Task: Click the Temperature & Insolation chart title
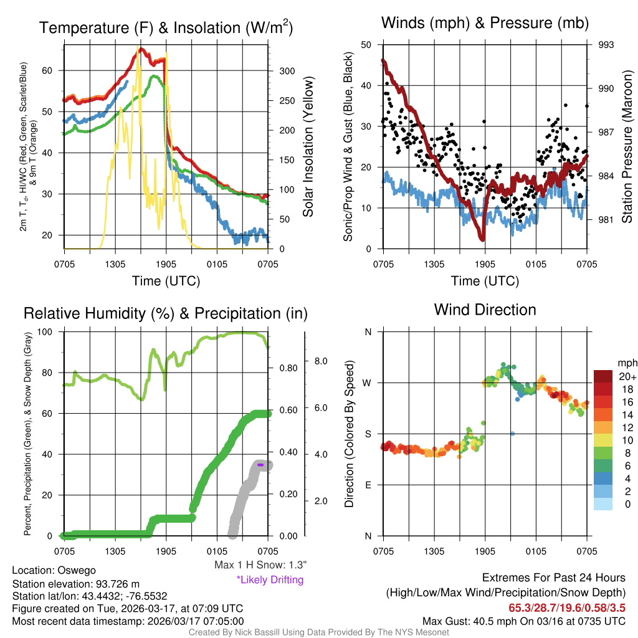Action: coord(166,27)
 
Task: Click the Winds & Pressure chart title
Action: coord(485,23)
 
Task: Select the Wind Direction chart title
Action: coord(485,310)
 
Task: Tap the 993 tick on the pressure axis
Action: coord(607,45)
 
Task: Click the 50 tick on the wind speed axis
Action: coord(366,45)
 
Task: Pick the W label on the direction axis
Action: coord(368,383)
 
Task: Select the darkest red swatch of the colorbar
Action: coord(604,376)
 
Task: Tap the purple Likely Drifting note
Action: coord(270,579)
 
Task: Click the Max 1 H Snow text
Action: coord(260,565)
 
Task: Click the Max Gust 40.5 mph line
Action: coord(523,621)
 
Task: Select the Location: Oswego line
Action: coord(54,569)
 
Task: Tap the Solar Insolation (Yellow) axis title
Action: coord(308,147)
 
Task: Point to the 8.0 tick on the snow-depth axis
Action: coord(320,361)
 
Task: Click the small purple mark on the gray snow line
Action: coord(261,465)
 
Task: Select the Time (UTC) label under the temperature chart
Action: coord(166,281)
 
